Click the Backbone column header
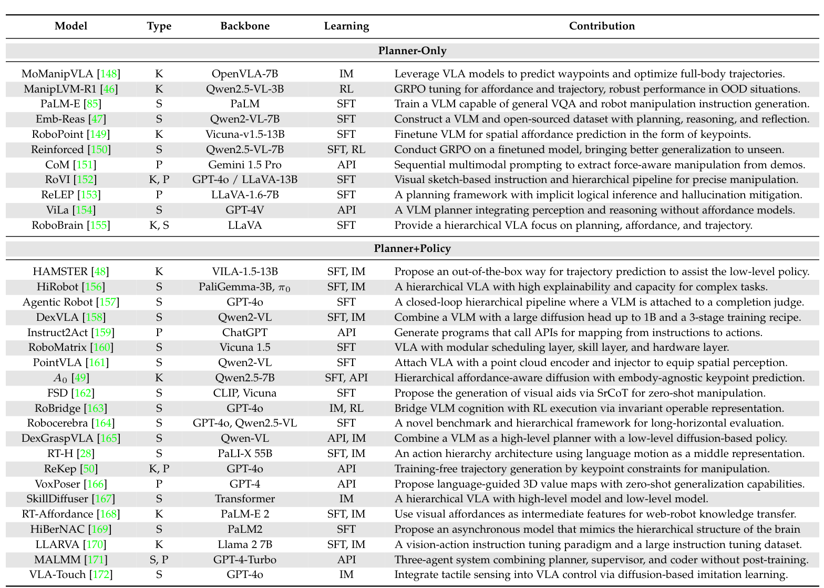pos(245,26)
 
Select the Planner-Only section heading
pos(412,51)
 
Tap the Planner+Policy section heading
pos(412,248)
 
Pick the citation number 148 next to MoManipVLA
pos(110,74)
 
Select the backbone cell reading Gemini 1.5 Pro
pos(245,165)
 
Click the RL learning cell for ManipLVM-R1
pos(346,89)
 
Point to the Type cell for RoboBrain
pos(159,226)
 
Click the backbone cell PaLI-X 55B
pos(245,453)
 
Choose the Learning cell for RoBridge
pos(346,408)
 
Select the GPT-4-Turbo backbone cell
pos(245,560)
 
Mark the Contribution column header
pos(602,26)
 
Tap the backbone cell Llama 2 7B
pos(245,544)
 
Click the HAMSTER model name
pos(60,272)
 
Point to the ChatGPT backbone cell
pos(245,332)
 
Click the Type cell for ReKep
pos(159,469)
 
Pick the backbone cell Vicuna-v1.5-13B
pos(245,134)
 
